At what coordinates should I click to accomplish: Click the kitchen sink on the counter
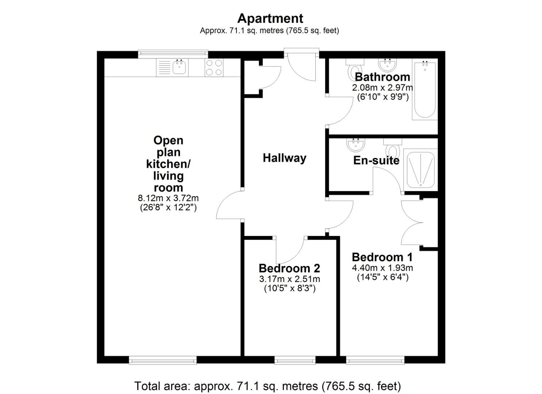click(x=179, y=67)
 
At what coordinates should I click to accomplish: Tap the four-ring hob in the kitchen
click(x=214, y=67)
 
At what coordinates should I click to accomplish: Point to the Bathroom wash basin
click(x=388, y=65)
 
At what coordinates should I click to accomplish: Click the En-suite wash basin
click(x=355, y=145)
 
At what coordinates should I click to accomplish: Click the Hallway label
click(x=284, y=158)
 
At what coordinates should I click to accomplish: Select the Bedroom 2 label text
click(x=289, y=268)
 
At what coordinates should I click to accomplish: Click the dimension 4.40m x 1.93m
click(x=382, y=268)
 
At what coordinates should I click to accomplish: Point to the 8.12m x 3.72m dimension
click(x=168, y=198)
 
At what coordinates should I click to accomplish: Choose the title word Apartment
click(x=270, y=18)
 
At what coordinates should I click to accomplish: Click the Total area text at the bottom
click(x=268, y=386)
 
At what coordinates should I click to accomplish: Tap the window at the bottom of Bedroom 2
click(x=295, y=360)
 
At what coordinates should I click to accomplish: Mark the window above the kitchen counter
click(x=173, y=54)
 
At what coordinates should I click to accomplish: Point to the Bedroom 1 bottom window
click(x=375, y=360)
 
